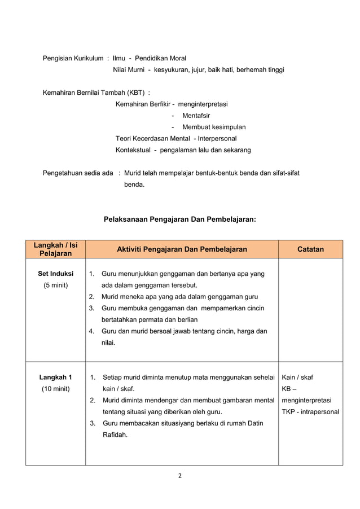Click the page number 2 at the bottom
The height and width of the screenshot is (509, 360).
(180, 475)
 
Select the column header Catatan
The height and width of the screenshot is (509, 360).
(310, 249)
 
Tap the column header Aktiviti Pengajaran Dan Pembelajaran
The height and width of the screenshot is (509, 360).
(181, 249)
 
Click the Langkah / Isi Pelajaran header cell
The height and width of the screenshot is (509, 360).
(55, 249)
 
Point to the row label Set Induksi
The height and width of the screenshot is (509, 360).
(55, 274)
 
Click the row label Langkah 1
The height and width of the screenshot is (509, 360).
(55, 377)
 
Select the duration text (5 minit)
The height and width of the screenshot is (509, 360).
(55, 285)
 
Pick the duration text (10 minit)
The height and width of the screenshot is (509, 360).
(55, 389)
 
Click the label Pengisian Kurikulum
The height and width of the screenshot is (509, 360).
(73, 58)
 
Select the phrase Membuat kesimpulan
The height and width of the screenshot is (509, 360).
(213, 127)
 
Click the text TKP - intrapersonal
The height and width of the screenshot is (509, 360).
(310, 411)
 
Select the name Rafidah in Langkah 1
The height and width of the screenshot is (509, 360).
(115, 435)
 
